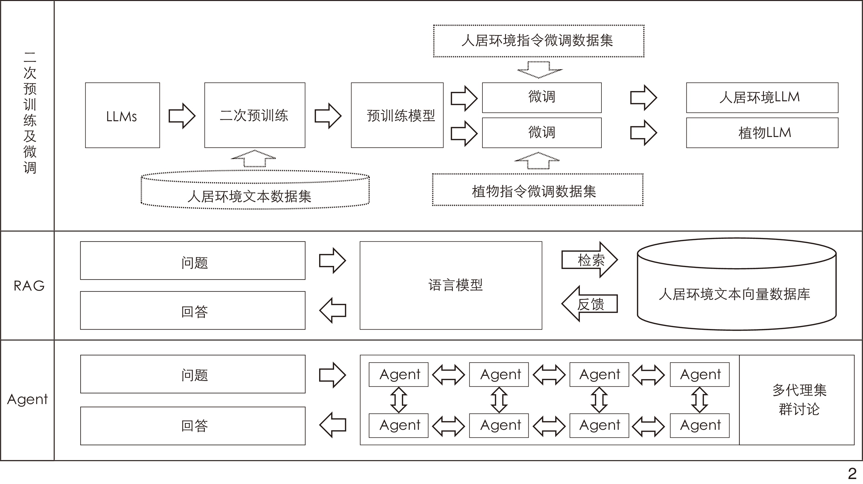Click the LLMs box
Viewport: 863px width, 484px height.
[x=122, y=115]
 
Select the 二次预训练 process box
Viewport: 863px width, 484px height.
[x=255, y=115]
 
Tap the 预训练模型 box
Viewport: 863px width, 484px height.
[x=397, y=115]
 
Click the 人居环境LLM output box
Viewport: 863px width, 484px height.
[x=762, y=97]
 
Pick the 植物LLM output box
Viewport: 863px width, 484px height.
[x=762, y=133]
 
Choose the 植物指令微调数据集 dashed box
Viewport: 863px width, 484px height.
[x=537, y=190]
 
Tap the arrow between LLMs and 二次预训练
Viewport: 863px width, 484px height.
[x=182, y=116]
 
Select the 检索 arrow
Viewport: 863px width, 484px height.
[x=590, y=260]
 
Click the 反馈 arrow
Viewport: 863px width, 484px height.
[x=590, y=304]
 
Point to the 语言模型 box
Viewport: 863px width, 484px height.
[x=451, y=285]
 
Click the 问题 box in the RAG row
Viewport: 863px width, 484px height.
[x=193, y=261]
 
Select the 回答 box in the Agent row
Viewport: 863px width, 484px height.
[x=193, y=426]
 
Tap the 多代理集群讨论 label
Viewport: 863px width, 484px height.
[x=799, y=400]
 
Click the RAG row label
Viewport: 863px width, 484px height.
[x=29, y=286]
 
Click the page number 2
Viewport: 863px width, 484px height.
[x=852, y=473]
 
